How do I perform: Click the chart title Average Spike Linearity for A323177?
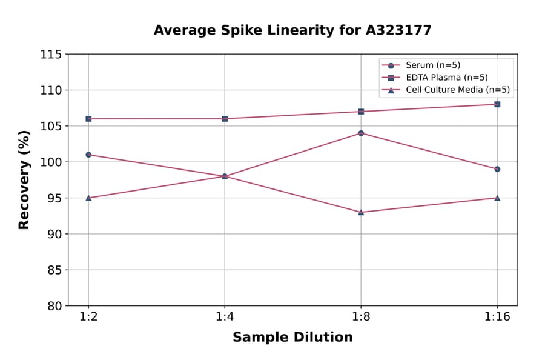[x=292, y=30]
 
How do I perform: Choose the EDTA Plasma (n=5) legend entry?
[x=446, y=78]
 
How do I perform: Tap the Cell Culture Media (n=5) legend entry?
[x=457, y=90]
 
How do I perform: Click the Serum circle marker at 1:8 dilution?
[x=361, y=133]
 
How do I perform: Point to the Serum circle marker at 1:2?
[x=88, y=155]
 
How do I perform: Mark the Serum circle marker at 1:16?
[x=497, y=169]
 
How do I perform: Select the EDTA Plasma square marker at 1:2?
[x=88, y=119]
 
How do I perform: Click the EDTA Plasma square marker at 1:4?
[x=225, y=119]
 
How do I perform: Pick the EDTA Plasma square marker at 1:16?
[x=497, y=104]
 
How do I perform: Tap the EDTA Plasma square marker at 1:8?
[x=361, y=112]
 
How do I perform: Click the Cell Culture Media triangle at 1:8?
[x=361, y=212]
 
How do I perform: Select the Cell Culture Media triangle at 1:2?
[x=88, y=198]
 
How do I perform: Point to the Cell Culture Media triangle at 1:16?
[x=497, y=198]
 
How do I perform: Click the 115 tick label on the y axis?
[x=51, y=55]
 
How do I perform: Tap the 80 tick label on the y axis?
[x=54, y=306]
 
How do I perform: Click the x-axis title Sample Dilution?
[x=292, y=338]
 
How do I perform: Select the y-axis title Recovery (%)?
[x=24, y=180]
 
